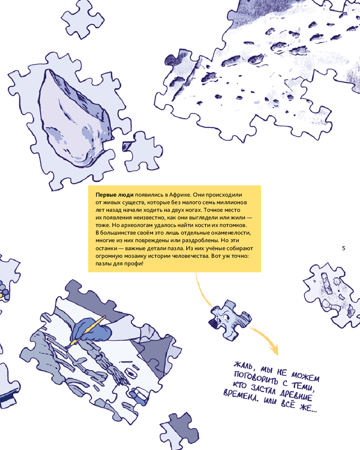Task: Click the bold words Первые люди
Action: pyautogui.click(x=115, y=195)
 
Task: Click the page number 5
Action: pyautogui.click(x=344, y=248)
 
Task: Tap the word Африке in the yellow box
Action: pyautogui.click(x=178, y=195)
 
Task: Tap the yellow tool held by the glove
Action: pyautogui.click(x=85, y=332)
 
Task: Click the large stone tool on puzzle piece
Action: pyautogui.click(x=75, y=117)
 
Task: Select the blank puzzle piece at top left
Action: pyautogui.click(x=82, y=19)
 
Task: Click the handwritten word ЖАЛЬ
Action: pyautogui.click(x=243, y=365)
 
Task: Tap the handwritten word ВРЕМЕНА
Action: pyautogui.click(x=241, y=396)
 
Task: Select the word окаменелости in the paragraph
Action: pyautogui.click(x=231, y=233)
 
